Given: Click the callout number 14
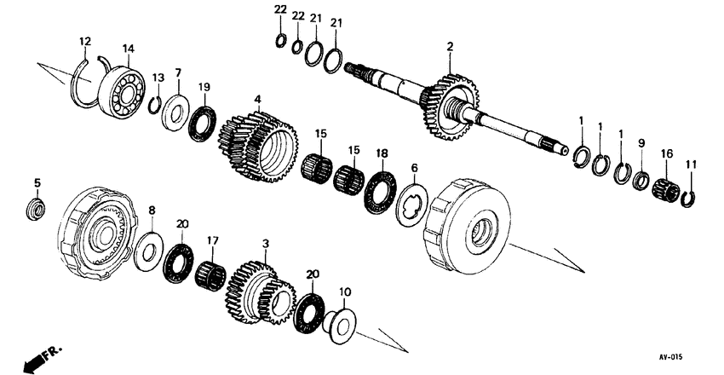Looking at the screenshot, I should [x=129, y=48].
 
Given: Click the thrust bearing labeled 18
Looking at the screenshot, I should [x=380, y=192].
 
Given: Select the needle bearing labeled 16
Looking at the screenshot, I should [x=666, y=190].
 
